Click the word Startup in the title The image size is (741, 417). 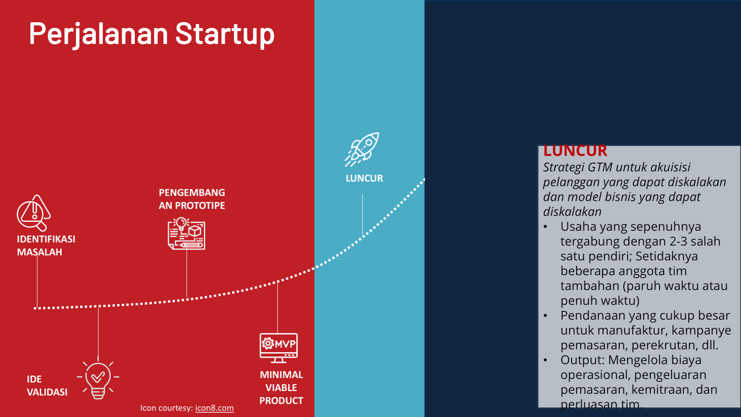pos(225,34)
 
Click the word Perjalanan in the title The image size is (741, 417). pos(99,34)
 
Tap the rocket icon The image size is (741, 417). pos(362,149)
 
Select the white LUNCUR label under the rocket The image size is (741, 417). pos(364,178)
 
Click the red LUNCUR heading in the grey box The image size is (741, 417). pos(575,151)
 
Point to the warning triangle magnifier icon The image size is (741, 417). pos(34,213)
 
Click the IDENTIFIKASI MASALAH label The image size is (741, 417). pos(46,246)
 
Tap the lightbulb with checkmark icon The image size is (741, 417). pos(98,380)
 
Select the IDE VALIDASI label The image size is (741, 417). pos(47,385)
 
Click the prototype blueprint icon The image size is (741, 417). pos(187,234)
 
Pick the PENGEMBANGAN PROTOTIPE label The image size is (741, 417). pos(192,199)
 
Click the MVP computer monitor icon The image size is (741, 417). pos(278,348)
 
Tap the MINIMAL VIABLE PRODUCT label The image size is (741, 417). pos(281,387)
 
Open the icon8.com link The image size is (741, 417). pos(214,408)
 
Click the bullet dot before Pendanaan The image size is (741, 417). pos(546,316)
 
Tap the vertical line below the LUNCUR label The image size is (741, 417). pos(362,215)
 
